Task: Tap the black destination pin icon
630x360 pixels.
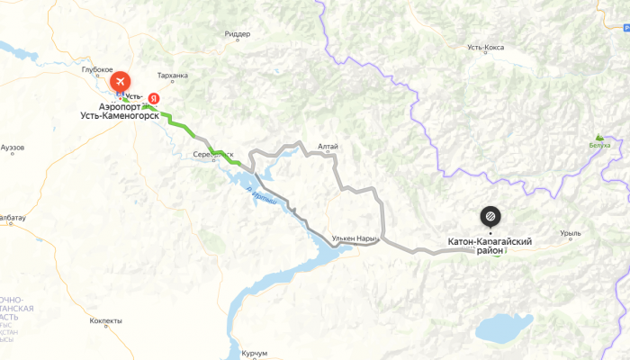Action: pyautogui.click(x=489, y=216)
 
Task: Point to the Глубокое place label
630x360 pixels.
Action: pyautogui.click(x=95, y=69)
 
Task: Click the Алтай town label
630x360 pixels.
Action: pyautogui.click(x=327, y=146)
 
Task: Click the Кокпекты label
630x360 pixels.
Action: pyautogui.click(x=105, y=320)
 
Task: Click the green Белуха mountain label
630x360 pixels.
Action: pyautogui.click(x=598, y=145)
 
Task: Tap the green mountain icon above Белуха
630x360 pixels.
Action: pyautogui.click(x=599, y=136)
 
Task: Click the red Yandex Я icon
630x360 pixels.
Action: pyautogui.click(x=155, y=97)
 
